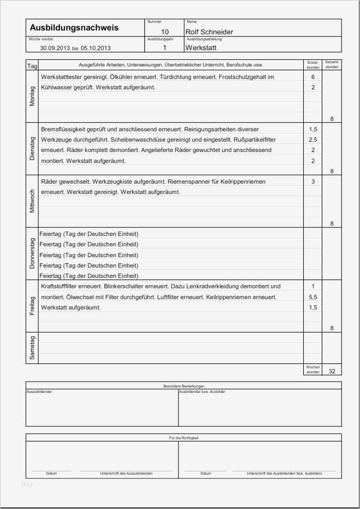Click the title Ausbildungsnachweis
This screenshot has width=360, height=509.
(74, 28)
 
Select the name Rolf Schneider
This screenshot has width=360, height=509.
(209, 32)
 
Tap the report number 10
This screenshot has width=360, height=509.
(165, 32)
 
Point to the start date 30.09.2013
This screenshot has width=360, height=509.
(55, 48)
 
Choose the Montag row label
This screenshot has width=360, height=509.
(32, 97)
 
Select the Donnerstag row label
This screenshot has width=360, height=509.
(32, 254)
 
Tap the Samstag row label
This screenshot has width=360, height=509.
(32, 348)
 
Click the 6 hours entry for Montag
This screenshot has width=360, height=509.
(313, 77)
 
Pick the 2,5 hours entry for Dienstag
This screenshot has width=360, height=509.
(313, 140)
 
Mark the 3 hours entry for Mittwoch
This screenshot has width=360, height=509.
(313, 181)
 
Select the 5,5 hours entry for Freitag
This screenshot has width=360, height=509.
(313, 297)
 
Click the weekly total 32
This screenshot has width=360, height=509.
(332, 371)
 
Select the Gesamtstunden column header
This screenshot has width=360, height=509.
(332, 65)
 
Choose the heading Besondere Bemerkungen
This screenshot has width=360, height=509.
(184, 386)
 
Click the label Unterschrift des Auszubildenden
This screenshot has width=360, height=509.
(126, 474)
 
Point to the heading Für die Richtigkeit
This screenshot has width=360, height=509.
(184, 438)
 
